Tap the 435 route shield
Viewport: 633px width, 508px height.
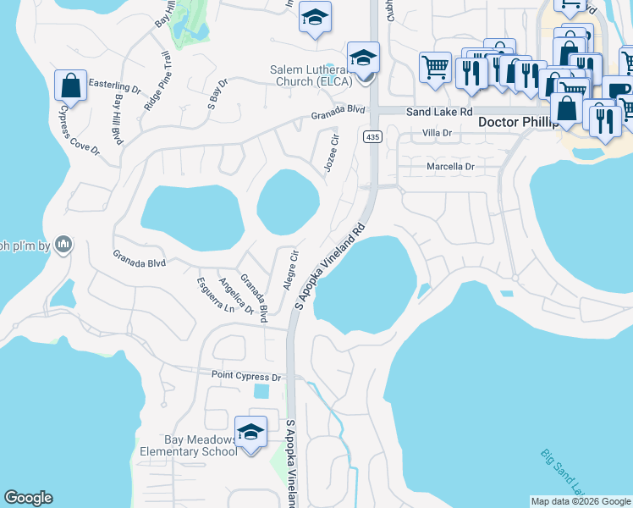coord(372,136)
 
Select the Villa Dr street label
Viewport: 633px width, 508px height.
coord(438,134)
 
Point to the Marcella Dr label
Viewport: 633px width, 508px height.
coord(449,167)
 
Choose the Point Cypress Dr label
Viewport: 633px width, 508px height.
coord(246,377)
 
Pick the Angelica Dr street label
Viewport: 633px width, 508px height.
coord(236,296)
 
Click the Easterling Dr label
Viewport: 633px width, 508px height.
coord(114,86)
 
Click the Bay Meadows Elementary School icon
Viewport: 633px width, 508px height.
coord(250,433)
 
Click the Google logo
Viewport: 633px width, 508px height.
coord(28,498)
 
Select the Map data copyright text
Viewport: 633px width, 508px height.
coord(581,501)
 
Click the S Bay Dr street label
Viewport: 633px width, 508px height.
coord(218,95)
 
